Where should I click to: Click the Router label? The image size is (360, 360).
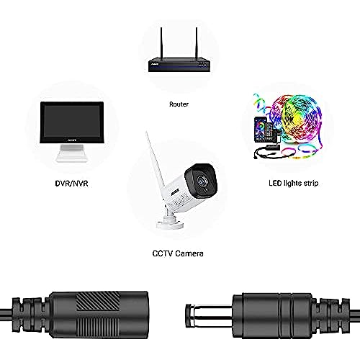tap(179, 104)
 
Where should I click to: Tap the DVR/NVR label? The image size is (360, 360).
tap(71, 184)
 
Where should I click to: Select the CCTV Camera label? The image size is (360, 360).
tap(178, 253)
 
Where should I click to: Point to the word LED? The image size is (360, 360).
tap(275, 183)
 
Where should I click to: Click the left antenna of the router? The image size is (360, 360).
tap(161, 43)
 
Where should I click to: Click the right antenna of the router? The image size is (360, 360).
tap(197, 43)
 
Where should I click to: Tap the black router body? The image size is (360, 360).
tap(179, 65)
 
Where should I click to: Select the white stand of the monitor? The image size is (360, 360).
tap(72, 153)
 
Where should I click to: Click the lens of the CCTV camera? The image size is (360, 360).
tap(201, 181)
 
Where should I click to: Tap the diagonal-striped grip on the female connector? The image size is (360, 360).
tap(97, 302)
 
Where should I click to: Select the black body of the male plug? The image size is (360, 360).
tap(272, 315)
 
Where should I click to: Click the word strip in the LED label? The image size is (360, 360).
tap(311, 184)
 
